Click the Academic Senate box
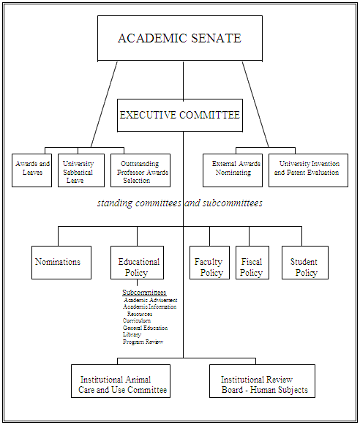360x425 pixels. click(x=179, y=38)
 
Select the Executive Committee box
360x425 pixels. click(x=179, y=115)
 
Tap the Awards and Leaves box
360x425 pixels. click(x=32, y=170)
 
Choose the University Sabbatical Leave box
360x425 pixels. click(x=78, y=170)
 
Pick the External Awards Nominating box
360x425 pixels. click(x=231, y=170)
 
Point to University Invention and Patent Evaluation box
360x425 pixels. click(x=307, y=170)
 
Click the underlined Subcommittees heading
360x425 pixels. click(x=144, y=293)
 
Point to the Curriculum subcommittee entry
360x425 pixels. click(x=137, y=320)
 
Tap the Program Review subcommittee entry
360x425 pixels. click(x=143, y=342)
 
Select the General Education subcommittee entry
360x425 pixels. click(x=145, y=328)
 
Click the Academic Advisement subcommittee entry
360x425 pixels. click(x=151, y=300)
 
